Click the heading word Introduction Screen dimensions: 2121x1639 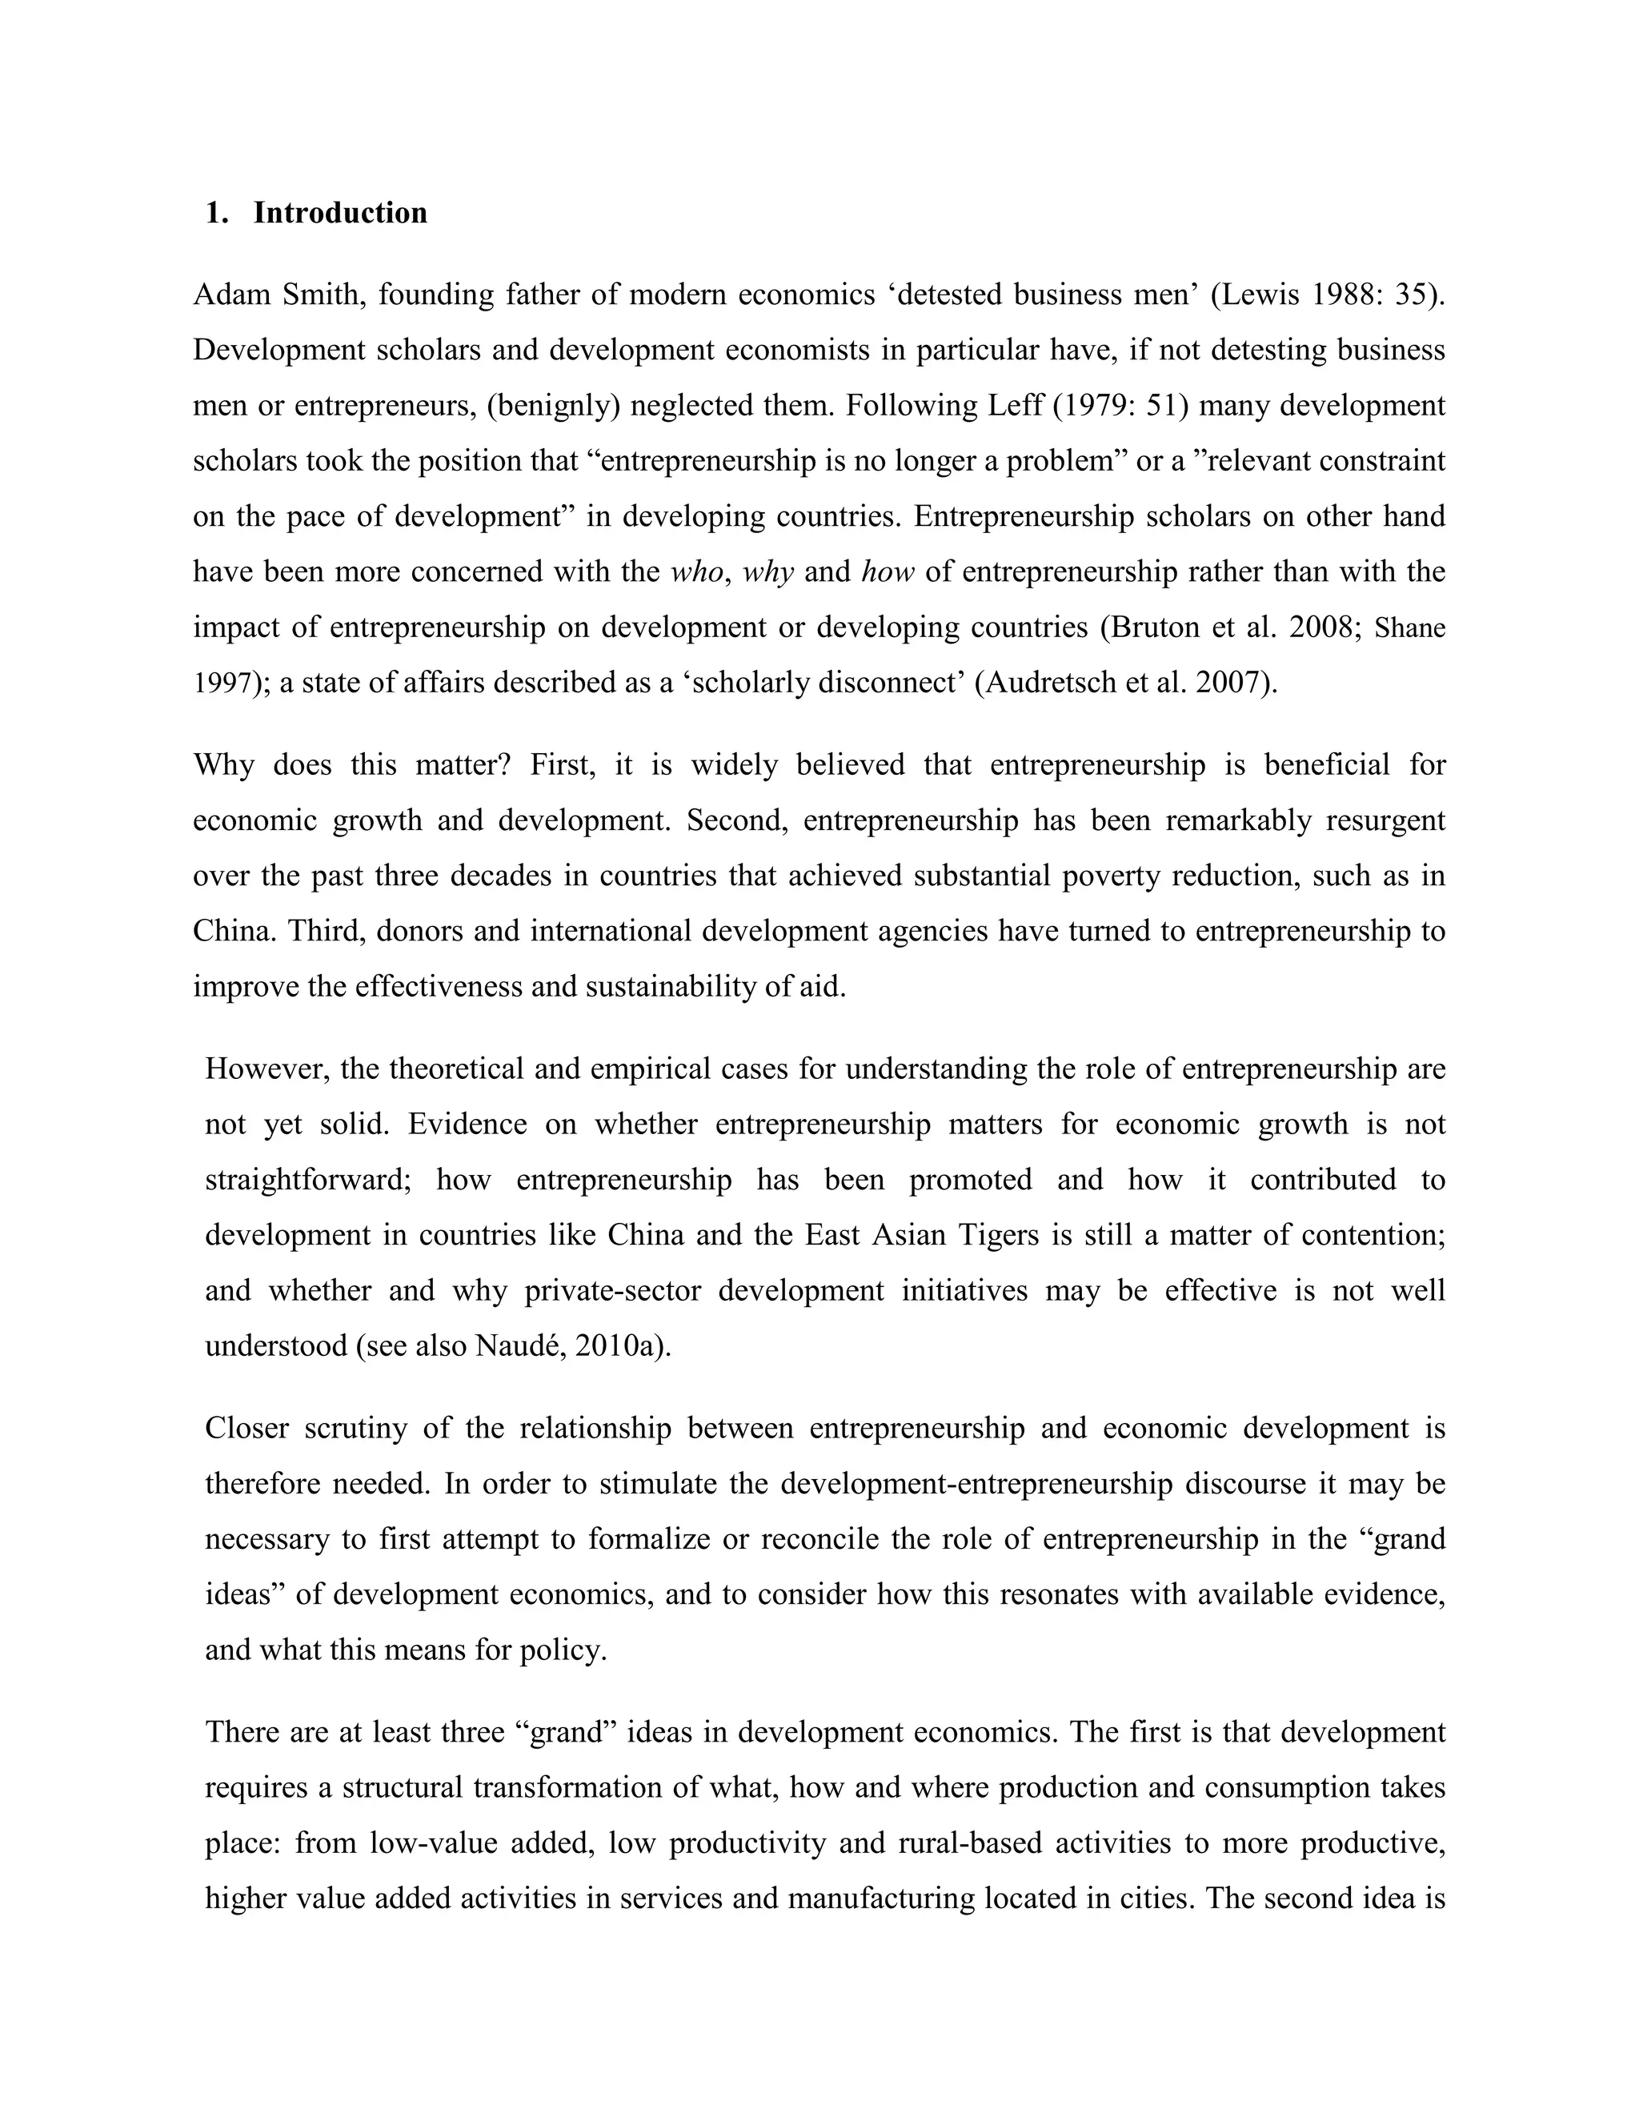[340, 213]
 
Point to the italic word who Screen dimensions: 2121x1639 [696, 572]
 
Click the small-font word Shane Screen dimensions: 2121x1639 [1410, 628]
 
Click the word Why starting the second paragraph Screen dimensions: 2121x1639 [223, 765]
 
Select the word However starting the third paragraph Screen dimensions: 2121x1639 [262, 1069]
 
